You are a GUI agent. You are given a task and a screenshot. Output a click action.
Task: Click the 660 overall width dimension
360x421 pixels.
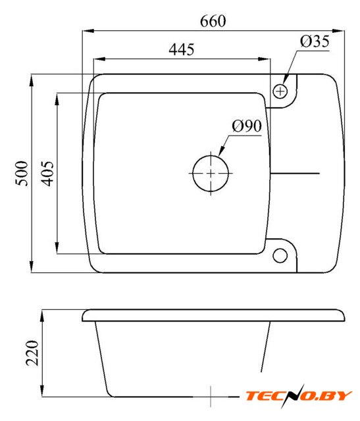pos(213,22)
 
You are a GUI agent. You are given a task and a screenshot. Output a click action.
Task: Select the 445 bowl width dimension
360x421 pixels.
pos(182,50)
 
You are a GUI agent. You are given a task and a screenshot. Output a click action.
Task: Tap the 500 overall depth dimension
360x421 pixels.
pos(22,174)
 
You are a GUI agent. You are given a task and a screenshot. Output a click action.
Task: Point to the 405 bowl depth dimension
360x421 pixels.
pos(47,174)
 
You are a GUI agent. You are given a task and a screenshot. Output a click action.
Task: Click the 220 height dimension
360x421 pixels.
pos(32,353)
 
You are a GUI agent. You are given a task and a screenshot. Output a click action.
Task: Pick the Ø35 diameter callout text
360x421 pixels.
pos(315,41)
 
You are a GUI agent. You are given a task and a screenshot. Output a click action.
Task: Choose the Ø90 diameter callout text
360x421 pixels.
pos(247,126)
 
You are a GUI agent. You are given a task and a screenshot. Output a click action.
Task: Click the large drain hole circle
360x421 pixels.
pos(211,173)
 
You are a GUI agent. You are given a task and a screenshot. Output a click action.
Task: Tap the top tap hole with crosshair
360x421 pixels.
pos(280,91)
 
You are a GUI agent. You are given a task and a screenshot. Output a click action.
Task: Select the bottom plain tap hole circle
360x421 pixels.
pos(280,256)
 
